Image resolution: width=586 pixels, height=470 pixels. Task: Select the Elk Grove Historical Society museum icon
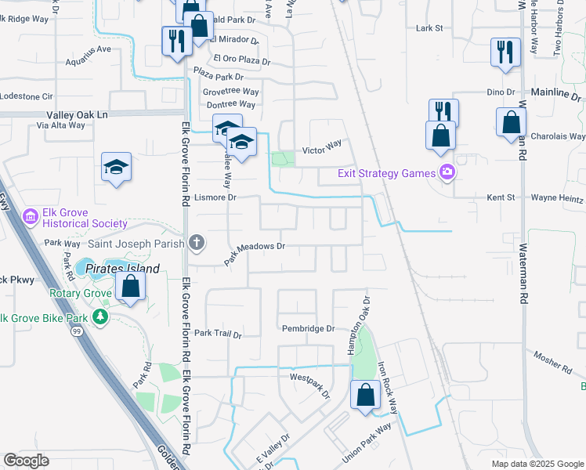point(31,215)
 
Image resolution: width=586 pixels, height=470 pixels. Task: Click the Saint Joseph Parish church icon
point(197,244)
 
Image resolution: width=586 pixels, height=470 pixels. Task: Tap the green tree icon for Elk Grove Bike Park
point(99,316)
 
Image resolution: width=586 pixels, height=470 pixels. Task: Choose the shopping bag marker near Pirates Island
point(131,287)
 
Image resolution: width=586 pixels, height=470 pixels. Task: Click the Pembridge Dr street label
point(309,329)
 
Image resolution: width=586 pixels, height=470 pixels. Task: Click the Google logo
point(26,461)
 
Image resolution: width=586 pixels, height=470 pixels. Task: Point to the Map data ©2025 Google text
point(537,464)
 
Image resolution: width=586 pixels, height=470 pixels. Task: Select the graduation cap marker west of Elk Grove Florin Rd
point(116,167)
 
